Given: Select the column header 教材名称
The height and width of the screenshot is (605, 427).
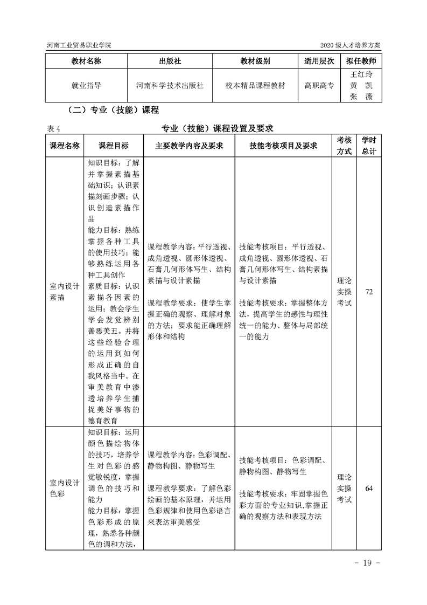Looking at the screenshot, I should (86, 61).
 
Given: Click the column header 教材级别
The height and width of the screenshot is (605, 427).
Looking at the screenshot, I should (255, 61).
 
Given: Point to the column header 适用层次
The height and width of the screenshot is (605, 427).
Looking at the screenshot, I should (319, 61).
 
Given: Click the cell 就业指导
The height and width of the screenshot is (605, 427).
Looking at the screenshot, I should (86, 85).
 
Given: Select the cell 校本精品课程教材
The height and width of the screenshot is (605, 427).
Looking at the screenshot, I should (255, 85).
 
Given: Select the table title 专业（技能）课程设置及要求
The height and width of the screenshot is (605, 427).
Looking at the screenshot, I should (218, 128).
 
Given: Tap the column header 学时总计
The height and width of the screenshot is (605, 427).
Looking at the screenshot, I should (369, 146).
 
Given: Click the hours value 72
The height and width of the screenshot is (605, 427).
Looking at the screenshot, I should (369, 292).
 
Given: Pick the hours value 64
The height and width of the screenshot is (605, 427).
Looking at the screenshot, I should (369, 489).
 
